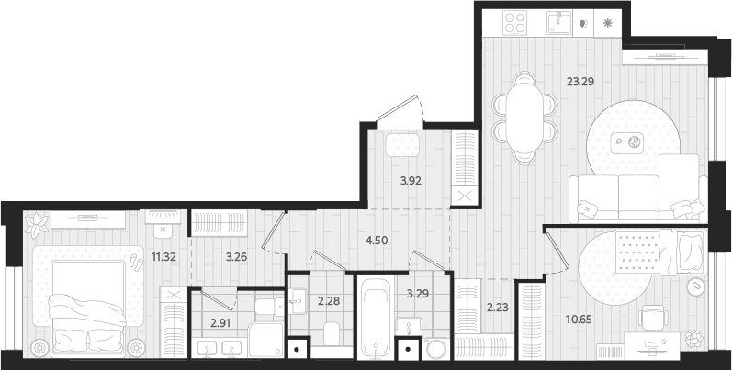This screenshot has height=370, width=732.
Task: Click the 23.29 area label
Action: point(580,81)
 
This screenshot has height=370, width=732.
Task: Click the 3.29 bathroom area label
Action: point(418,294)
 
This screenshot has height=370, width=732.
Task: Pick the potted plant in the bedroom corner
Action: point(37,223)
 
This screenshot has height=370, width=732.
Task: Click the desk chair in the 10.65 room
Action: point(652,318)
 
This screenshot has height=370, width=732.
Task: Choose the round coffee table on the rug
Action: point(633,142)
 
